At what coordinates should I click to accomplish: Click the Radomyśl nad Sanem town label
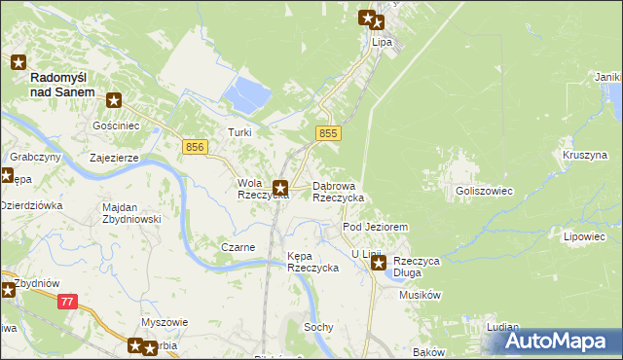click(62, 84)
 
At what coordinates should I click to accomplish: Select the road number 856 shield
click(195, 146)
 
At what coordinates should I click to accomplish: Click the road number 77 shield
click(67, 303)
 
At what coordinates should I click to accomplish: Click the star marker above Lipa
click(368, 17)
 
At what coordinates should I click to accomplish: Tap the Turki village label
click(239, 132)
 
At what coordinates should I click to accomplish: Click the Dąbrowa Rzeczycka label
click(338, 191)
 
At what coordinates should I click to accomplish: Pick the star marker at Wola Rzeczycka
click(280, 188)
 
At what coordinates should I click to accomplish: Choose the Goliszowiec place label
click(484, 192)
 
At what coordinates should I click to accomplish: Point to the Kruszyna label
click(584, 155)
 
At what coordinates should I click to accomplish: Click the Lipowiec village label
click(584, 236)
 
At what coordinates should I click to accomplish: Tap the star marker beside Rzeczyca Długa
click(379, 262)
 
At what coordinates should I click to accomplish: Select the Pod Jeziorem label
click(375, 226)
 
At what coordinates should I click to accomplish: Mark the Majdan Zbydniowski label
click(131, 213)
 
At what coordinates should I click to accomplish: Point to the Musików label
click(421, 294)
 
